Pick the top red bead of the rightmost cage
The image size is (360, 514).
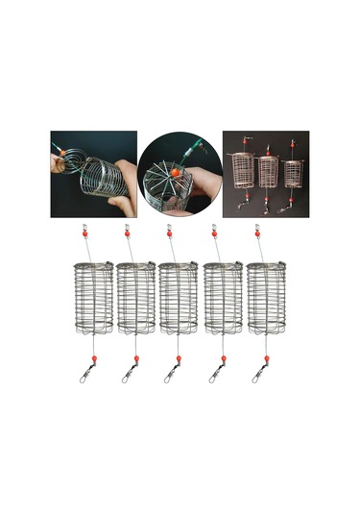click(x=258, y=233)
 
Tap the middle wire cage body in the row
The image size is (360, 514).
click(x=180, y=297)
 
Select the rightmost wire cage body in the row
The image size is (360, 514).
click(x=268, y=297)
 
